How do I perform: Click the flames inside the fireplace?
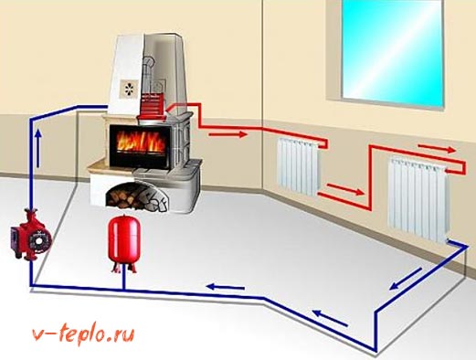139,143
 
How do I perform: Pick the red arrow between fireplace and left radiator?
229,133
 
